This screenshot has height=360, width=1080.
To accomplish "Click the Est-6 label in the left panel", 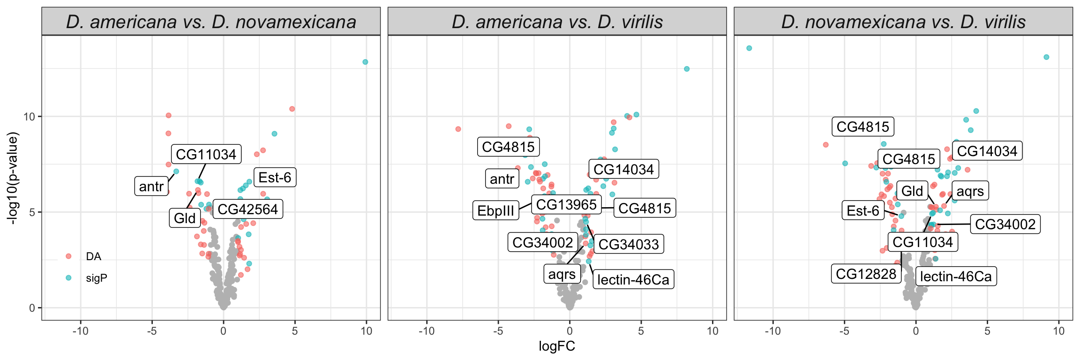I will tap(275, 178).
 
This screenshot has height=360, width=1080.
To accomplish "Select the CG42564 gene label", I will tap(247, 209).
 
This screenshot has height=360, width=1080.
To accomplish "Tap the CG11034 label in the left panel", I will tap(206, 154).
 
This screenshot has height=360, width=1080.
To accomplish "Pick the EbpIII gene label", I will tap(495, 210).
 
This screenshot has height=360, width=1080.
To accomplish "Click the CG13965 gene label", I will tap(566, 204).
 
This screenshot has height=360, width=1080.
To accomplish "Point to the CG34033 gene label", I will tap(629, 244).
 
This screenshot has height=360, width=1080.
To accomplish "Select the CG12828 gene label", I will tap(866, 274).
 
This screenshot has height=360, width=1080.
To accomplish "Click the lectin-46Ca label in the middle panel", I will tap(633, 280).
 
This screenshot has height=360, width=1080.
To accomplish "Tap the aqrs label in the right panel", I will tap(970, 191).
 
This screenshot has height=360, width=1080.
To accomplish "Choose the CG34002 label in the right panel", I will tap(1005, 224).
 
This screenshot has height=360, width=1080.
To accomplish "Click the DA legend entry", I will tap(93, 256).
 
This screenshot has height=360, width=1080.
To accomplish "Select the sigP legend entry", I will tap(96, 278).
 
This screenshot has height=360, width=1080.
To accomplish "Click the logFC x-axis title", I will tap(557, 346).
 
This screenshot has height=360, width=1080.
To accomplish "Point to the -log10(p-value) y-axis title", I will tap(13, 178).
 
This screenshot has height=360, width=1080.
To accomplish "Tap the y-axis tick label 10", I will tap(30, 117).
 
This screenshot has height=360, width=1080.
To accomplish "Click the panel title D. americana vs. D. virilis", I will tap(557, 22).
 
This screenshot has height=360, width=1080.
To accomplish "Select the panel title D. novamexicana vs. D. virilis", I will tap(903, 22).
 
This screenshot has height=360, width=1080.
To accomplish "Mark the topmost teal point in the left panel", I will tap(365, 62).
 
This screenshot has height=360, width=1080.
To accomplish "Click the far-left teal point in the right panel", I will tap(749, 48).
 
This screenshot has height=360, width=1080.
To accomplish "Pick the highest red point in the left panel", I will tap(292, 109).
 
